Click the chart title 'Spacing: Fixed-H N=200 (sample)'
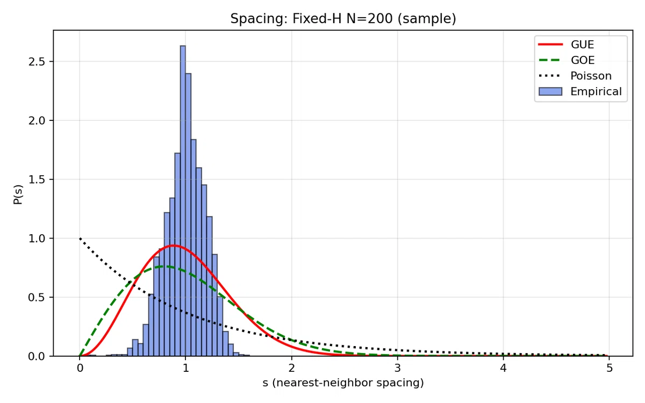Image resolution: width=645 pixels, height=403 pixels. pyautogui.click(x=343, y=19)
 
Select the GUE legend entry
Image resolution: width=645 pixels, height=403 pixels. pyautogui.click(x=580, y=44)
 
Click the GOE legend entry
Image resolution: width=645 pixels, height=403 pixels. pyautogui.click(x=580, y=60)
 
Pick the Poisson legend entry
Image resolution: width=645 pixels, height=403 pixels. pyautogui.click(x=580, y=76)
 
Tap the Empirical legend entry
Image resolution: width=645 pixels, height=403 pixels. pyautogui.click(x=580, y=91)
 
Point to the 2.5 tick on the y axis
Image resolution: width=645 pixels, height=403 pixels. pyautogui.click(x=37, y=62)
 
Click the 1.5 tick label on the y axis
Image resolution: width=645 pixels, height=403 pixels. pyautogui.click(x=37, y=179)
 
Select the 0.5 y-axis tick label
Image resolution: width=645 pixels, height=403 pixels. pyautogui.click(x=37, y=297)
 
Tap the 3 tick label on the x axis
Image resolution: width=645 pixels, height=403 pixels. pyautogui.click(x=398, y=368)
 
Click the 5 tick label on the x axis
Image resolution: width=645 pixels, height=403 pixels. pyautogui.click(x=610, y=368)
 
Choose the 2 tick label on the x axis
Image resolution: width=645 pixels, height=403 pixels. pyautogui.click(x=292, y=368)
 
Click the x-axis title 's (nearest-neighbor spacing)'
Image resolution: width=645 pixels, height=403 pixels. pyautogui.click(x=343, y=383)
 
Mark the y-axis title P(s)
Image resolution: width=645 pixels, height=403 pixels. pyautogui.click(x=18, y=195)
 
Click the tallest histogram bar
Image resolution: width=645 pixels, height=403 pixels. pyautogui.click(x=183, y=201)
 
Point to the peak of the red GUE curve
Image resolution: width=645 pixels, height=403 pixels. pyautogui.click(x=173, y=245)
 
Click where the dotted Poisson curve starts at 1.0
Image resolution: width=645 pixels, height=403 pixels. pyautogui.click(x=80, y=239)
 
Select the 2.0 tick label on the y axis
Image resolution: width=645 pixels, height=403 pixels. pyautogui.click(x=37, y=120)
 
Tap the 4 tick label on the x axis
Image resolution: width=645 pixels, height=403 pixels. pyautogui.click(x=503, y=368)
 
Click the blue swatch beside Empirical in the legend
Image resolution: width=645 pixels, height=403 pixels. pyautogui.click(x=550, y=91)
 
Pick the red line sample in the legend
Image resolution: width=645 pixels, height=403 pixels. pyautogui.click(x=550, y=44)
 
